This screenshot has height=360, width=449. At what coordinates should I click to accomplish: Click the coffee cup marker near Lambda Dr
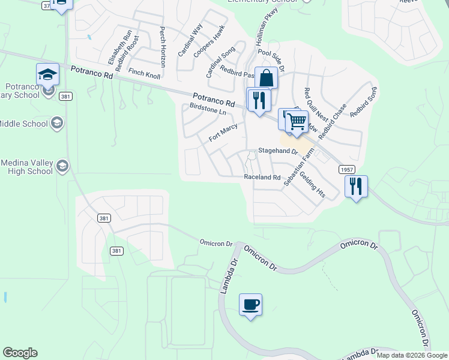coord(250,305)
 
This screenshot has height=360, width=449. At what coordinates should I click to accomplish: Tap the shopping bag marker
coord(266,79)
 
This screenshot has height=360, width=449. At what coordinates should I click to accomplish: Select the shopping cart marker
coord(297,122)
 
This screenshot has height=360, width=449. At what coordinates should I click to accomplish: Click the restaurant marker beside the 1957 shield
coord(356,187)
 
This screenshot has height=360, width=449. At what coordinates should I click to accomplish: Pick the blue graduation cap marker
coord(47,75)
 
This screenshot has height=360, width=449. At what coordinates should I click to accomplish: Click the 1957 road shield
coord(346,170)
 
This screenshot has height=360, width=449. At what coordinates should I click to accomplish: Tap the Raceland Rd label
coord(262,178)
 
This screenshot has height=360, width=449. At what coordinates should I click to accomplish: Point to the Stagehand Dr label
coord(278,151)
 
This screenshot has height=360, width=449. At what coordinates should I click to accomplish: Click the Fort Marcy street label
coord(223,133)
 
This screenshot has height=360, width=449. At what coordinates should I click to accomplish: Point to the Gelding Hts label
coord(312,184)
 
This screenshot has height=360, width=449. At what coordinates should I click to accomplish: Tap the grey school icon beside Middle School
coord(57,124)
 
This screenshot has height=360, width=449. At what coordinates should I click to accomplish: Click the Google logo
coord(20,353)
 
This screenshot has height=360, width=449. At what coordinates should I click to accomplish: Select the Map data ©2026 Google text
coord(411,355)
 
